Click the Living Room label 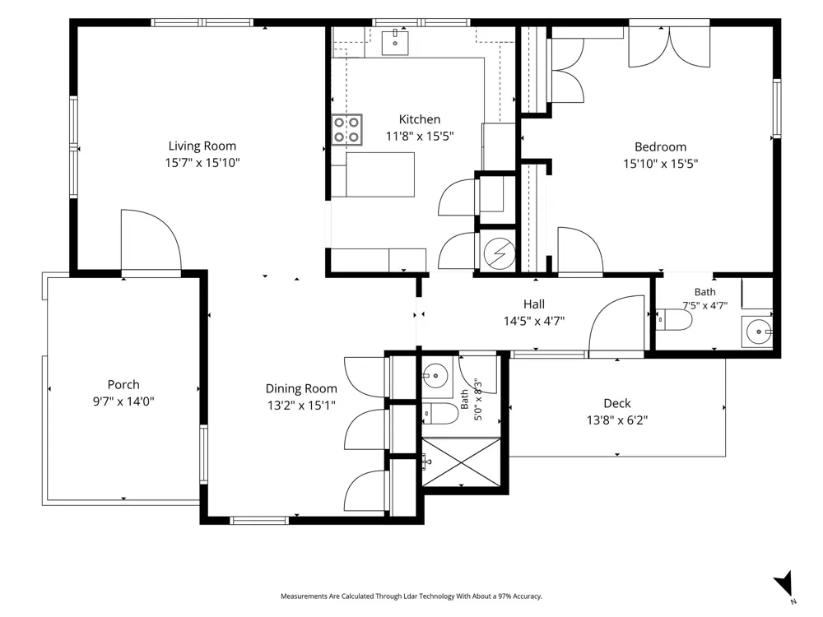coord(202,146)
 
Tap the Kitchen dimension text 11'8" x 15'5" coord(420,137)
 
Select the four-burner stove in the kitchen coord(347,130)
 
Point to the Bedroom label coord(660,147)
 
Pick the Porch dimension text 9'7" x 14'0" coord(123,401)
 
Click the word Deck coord(617,403)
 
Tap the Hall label coord(534,304)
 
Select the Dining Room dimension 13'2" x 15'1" coord(300,405)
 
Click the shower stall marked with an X coord(462,462)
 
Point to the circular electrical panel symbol coord(500,254)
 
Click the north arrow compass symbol coord(784,584)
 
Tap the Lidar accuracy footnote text coord(411,596)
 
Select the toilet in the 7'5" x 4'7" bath coord(675,320)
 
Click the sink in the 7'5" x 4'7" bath coord(757,332)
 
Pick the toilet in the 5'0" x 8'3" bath coord(439,414)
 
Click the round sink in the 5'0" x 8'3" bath coord(435,376)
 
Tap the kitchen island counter coord(380,174)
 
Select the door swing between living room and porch coord(151,241)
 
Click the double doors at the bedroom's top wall coord(669,47)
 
